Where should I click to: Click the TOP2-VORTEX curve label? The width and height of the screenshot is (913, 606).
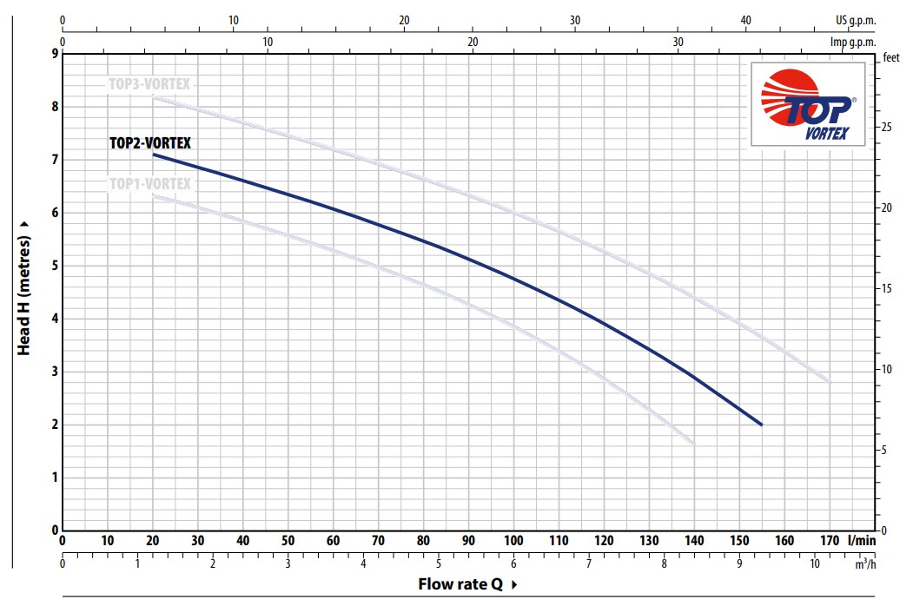tap(149, 144)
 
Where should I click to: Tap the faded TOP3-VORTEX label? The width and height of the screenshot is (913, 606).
tap(149, 84)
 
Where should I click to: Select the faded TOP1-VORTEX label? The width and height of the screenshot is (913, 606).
tap(149, 184)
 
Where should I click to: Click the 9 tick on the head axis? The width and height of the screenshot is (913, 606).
tap(55, 54)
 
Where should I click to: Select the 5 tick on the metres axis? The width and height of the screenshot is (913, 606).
tap(55, 266)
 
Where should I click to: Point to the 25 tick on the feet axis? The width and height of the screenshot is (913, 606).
tap(886, 127)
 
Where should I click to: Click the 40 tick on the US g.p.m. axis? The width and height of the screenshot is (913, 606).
tap(745, 19)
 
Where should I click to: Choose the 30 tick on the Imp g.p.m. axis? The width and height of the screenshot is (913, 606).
tap(678, 41)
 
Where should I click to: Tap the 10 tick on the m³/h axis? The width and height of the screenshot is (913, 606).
tap(815, 563)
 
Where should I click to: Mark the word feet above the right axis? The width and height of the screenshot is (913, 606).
tap(891, 58)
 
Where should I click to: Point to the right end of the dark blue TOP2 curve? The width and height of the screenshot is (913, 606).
tap(761, 425)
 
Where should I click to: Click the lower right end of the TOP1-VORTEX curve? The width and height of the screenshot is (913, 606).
tap(693, 443)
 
